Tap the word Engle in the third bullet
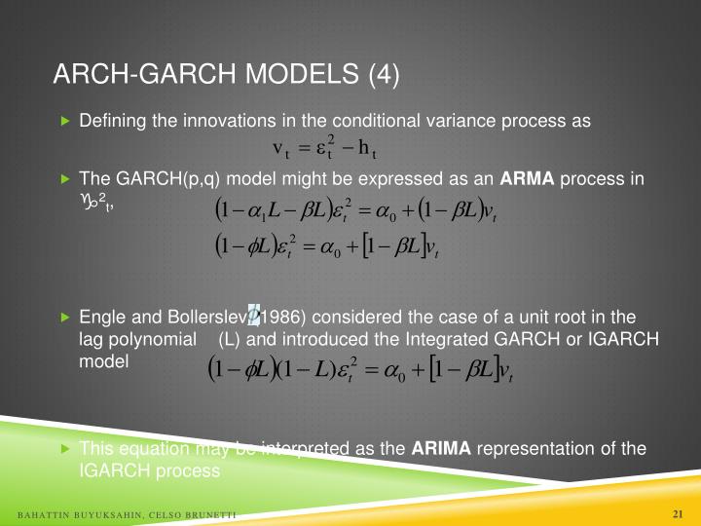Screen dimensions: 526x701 click(100, 317)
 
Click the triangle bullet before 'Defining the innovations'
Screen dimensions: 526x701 click(65, 122)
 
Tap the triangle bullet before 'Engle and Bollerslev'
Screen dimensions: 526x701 click(65, 318)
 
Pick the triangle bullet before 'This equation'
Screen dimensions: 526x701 click(65, 449)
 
